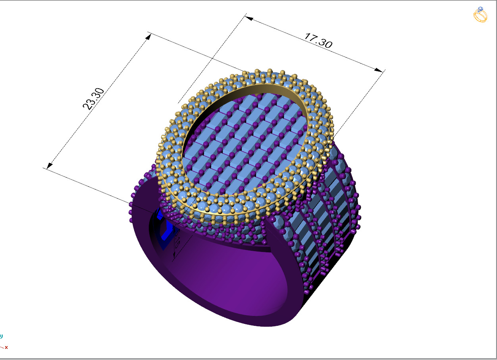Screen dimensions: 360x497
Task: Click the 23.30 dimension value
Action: (x=93, y=99)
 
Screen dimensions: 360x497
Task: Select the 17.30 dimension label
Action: (x=318, y=40)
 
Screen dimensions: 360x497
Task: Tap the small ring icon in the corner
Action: (x=480, y=15)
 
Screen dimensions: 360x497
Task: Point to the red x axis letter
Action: (x=6, y=347)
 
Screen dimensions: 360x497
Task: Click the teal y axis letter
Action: (x=1, y=336)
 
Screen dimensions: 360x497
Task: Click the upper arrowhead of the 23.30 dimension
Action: (x=149, y=36)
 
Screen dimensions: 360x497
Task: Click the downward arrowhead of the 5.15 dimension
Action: (x=173, y=259)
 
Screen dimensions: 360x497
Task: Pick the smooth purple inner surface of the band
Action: (x=246, y=270)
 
